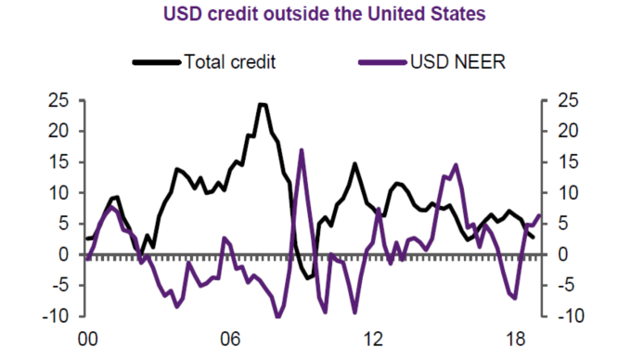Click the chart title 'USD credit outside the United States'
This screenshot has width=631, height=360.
[315, 14]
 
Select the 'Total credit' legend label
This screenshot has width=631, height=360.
[231, 62]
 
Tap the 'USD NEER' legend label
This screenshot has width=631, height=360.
[457, 62]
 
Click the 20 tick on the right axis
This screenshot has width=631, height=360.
[568, 131]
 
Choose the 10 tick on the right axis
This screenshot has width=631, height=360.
[568, 193]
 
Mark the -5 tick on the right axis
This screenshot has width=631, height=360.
[568, 285]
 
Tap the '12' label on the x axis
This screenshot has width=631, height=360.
[374, 340]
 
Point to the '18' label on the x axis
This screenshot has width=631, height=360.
[516, 340]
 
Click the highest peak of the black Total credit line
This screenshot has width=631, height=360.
[263, 104]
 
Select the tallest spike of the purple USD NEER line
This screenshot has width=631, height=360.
[301, 149]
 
